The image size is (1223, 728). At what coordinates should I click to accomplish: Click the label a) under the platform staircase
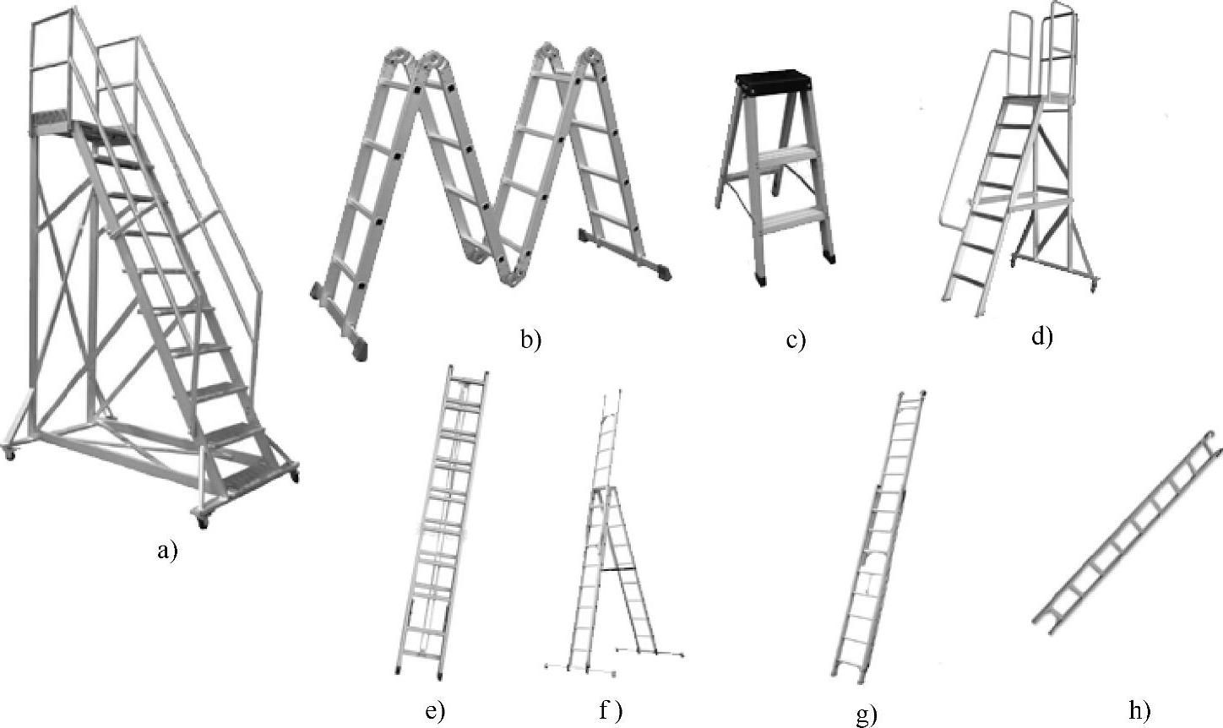click(167, 551)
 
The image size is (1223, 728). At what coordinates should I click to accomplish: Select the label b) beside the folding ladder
click(530, 340)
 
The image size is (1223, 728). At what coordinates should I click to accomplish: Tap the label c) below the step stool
click(796, 340)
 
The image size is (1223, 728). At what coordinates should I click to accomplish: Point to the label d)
click(1041, 336)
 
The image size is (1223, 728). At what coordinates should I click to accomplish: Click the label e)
click(434, 710)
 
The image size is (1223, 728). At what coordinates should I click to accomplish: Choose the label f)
click(610, 710)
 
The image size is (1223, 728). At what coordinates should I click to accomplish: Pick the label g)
click(867, 714)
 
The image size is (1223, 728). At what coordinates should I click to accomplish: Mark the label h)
click(1139, 710)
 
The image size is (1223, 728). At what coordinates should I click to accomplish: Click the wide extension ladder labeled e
click(443, 524)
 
